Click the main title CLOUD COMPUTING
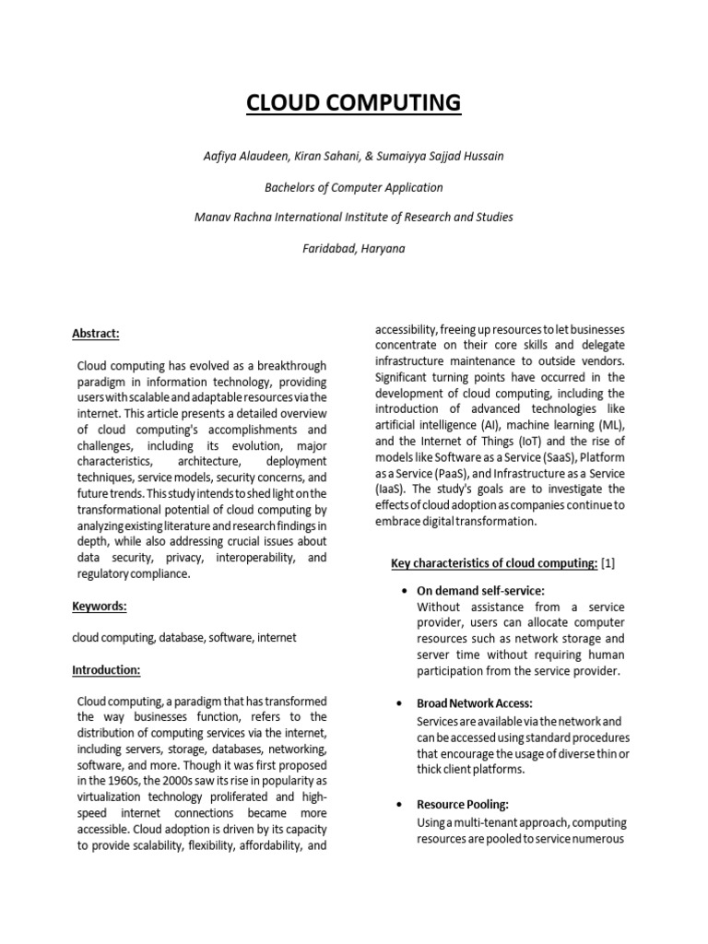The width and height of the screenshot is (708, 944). click(x=354, y=102)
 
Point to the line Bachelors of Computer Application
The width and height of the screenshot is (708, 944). click(x=354, y=187)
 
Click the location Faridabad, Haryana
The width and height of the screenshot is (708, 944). click(x=354, y=248)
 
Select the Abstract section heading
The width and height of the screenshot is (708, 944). click(x=95, y=335)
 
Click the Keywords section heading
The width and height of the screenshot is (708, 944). click(x=99, y=607)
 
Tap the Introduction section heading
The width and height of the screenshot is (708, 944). click(x=106, y=669)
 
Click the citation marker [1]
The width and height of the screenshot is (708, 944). click(x=608, y=563)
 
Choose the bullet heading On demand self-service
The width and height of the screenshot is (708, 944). click(x=480, y=590)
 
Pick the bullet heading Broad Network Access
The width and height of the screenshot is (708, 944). click(x=475, y=703)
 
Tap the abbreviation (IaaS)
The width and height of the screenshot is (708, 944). click(x=391, y=489)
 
